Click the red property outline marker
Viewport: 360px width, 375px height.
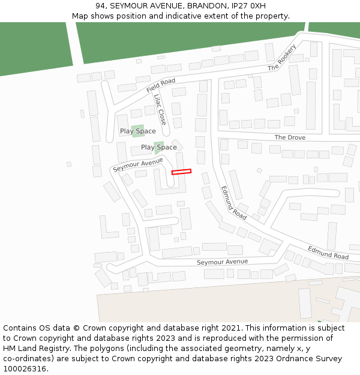[x=181, y=172]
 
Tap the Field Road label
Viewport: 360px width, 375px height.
[x=161, y=85]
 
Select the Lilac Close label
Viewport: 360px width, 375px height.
[x=160, y=109]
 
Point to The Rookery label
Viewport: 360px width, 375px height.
[x=282, y=58]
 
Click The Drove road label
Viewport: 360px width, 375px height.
[x=290, y=137]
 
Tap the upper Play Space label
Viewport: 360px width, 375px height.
[x=137, y=131]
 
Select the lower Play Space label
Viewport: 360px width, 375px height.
[x=159, y=147]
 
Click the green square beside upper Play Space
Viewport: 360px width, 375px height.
[x=137, y=130]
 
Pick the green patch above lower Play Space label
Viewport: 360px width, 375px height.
[x=158, y=145]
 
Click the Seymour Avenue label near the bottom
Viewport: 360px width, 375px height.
[x=222, y=262]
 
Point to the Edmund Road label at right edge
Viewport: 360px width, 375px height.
[x=328, y=252]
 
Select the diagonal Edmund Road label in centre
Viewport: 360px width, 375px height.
[x=233, y=202]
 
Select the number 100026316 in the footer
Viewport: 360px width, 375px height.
[x=23, y=368]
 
